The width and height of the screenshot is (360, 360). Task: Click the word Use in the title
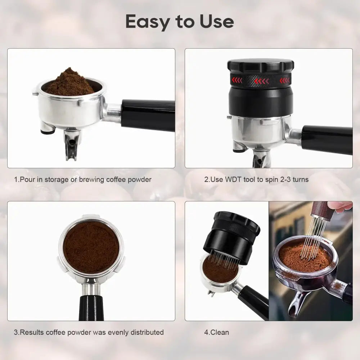coord(217,21)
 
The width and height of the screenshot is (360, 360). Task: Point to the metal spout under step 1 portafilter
coord(72,145)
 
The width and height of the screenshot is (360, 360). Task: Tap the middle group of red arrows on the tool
coord(262,81)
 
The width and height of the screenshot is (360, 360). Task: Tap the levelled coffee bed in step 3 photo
coord(91,247)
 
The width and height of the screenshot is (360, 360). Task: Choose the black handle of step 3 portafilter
coord(91,308)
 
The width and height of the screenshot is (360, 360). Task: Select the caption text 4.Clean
coord(216,332)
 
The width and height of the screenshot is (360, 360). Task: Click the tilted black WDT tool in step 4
coord(231,237)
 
